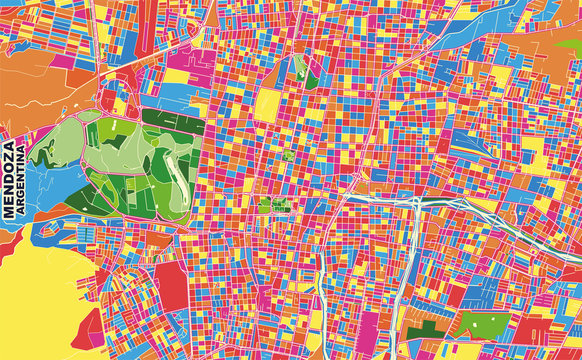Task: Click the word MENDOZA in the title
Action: tap(10, 178)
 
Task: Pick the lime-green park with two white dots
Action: tap(478, 325)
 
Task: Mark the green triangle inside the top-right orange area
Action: tap(565, 46)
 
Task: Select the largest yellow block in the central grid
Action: tap(269, 105)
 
